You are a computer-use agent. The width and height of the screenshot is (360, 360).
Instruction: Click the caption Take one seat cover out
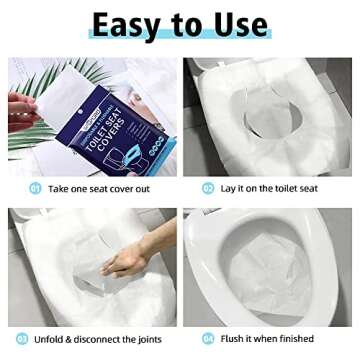[x=100, y=187]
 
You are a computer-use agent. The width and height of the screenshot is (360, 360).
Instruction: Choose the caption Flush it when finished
[x=262, y=338]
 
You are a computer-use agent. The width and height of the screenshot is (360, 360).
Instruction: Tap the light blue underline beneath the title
[x=180, y=41]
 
